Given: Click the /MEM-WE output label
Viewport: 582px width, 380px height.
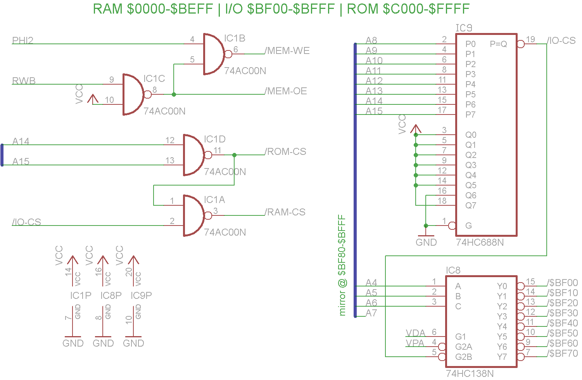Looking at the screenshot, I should tap(287, 51).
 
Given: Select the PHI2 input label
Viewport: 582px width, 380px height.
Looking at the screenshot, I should tap(22, 40).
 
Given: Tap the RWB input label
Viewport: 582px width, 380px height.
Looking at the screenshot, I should tap(24, 81).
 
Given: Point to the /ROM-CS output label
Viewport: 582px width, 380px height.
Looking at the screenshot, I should tap(285, 152).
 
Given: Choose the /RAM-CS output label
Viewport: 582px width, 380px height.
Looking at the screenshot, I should tap(285, 212).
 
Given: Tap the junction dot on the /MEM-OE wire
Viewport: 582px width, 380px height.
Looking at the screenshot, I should tap(174, 94).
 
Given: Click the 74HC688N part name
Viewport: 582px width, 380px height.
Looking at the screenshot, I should tap(480, 243).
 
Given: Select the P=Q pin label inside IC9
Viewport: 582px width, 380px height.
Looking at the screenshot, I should tap(498, 44).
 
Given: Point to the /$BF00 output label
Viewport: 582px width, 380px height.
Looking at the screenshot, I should tap(563, 283).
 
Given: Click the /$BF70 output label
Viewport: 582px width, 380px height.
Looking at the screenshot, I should tap(563, 354).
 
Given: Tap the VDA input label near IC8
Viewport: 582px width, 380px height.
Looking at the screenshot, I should tap(415, 333).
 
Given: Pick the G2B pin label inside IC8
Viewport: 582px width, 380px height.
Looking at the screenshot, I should tap(464, 357).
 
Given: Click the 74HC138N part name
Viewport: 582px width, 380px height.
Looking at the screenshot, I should tap(470, 373).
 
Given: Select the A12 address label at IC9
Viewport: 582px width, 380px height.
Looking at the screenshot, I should tap(374, 81).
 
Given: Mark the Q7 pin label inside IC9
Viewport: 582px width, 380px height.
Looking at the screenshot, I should tap(471, 205).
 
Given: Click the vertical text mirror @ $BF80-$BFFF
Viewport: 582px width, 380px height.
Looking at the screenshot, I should tap(342, 265).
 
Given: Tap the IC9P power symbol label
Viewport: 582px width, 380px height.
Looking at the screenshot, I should tap(141, 296).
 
